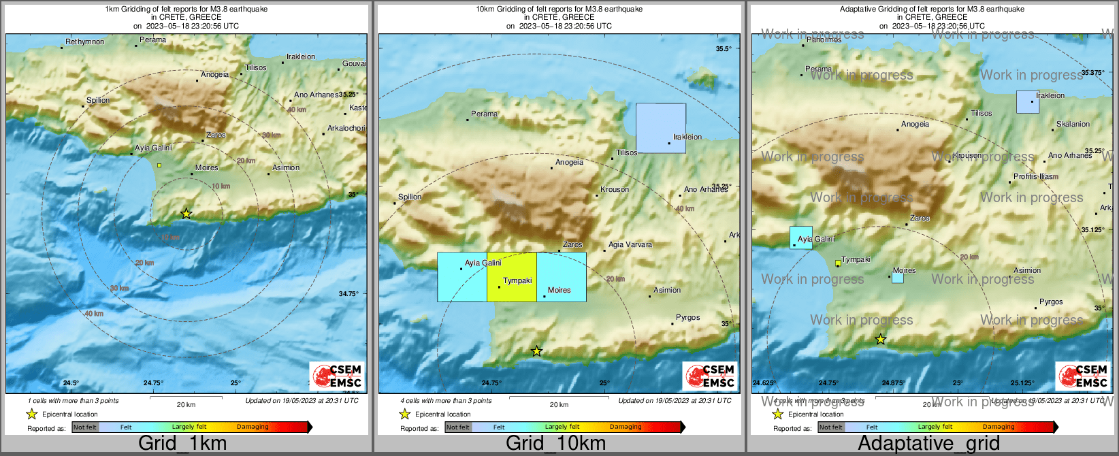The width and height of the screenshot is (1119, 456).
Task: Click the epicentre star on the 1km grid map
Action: click(x=186, y=214)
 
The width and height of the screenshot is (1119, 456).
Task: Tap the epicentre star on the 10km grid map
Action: click(x=536, y=351)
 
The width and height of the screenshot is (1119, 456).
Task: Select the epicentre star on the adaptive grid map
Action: click(x=880, y=339)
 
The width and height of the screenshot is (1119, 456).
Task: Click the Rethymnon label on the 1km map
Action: click(x=85, y=42)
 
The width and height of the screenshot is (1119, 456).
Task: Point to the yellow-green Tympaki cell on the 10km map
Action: click(x=511, y=277)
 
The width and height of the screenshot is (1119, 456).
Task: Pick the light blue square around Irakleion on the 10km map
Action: click(x=660, y=128)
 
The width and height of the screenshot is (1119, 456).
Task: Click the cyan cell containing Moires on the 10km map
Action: click(x=561, y=277)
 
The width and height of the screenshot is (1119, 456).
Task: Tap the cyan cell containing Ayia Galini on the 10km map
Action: click(x=461, y=277)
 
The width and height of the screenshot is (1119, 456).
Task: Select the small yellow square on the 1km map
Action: click(x=159, y=165)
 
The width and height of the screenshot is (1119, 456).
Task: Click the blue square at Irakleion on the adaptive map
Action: click(x=1027, y=102)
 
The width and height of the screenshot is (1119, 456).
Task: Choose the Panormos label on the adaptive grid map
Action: click(x=824, y=39)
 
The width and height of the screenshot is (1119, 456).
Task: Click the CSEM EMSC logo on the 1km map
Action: click(x=337, y=376)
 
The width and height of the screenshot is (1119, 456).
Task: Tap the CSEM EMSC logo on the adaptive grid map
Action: click(x=1083, y=376)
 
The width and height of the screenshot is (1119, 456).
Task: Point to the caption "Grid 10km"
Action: click(x=555, y=444)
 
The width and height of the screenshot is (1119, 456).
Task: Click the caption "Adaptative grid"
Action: click(x=928, y=444)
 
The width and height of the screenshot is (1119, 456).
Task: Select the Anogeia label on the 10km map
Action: click(x=569, y=162)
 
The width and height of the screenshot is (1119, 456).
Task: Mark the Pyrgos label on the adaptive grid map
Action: click(x=1051, y=302)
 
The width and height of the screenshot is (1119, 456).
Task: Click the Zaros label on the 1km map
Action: click(x=216, y=135)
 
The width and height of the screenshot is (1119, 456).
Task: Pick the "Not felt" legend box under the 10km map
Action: click(x=458, y=427)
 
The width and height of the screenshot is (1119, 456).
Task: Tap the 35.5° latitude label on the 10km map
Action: click(x=724, y=49)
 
